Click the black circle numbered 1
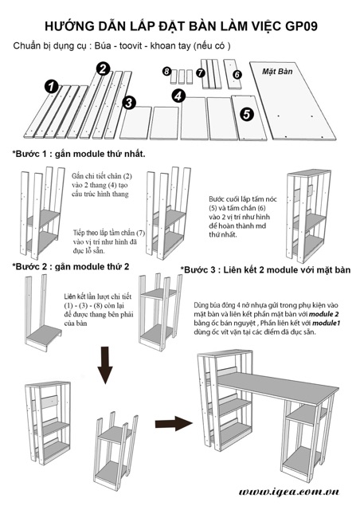[52, 87]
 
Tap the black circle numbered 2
[103, 69]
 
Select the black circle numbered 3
[129, 103]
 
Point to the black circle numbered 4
[178, 96]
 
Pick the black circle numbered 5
[247, 114]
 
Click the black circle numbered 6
[237, 74]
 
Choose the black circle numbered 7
[201, 73]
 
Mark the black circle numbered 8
[166, 71]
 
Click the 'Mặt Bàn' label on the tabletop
[277, 72]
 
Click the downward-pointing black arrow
[104, 365]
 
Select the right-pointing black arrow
[174, 423]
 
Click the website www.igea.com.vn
[289, 492]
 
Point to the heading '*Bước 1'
[32, 154]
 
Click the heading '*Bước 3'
[200, 270]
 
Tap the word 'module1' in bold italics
[327, 324]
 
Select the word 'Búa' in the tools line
[102, 46]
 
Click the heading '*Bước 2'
[32, 267]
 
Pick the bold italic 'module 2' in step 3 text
[323, 314]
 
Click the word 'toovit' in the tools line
[131, 46]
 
